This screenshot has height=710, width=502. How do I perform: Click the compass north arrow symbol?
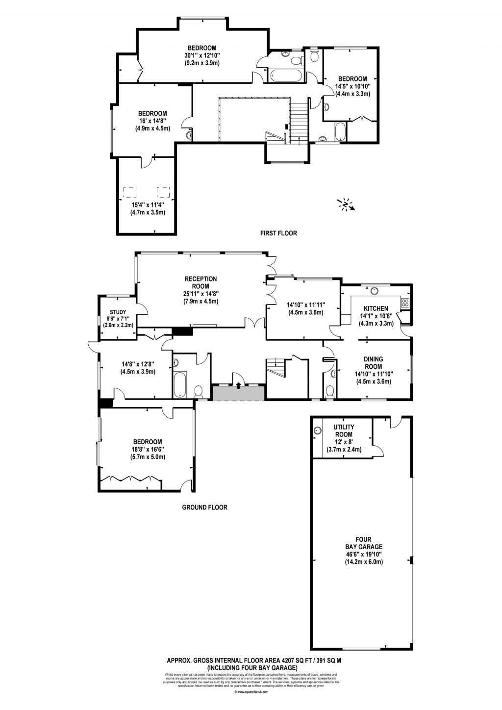click(x=347, y=204)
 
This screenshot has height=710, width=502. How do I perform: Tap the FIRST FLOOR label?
click(x=278, y=233)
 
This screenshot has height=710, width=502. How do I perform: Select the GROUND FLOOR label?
click(x=204, y=507)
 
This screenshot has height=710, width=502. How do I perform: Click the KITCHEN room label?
click(x=376, y=308)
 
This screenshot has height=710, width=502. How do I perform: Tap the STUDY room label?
click(x=118, y=312)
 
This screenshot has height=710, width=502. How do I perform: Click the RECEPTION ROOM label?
click(x=201, y=282)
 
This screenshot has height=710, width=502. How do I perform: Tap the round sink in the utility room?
click(x=318, y=431)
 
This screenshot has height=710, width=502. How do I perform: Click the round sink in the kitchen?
click(x=375, y=290)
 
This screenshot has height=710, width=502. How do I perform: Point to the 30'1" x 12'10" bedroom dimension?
click(x=201, y=55)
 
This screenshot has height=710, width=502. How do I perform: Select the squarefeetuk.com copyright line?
click(x=251, y=692)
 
